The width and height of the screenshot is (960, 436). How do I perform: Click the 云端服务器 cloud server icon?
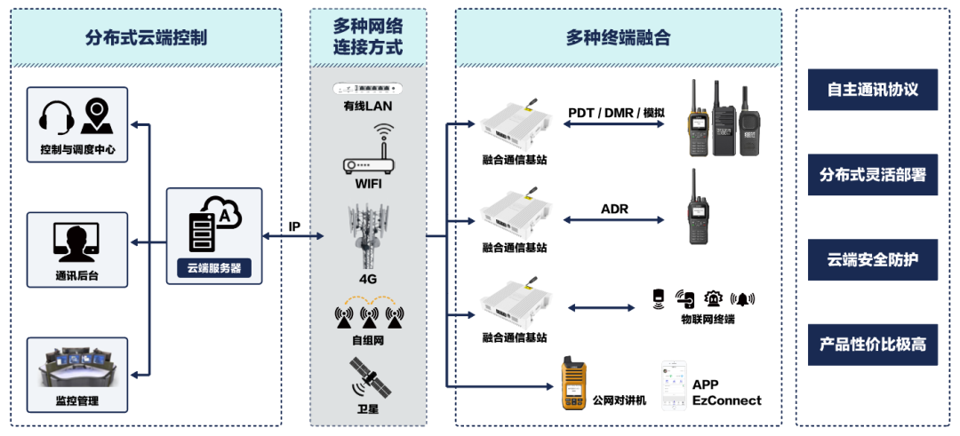[x=213, y=226]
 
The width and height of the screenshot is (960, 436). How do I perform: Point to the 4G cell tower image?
[x=368, y=235]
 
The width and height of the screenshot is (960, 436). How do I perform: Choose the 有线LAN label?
[x=368, y=107]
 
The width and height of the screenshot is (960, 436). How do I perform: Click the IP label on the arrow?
[x=294, y=226]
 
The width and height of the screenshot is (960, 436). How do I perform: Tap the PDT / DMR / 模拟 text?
[x=616, y=112]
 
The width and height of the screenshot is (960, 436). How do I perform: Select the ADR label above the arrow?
[x=614, y=209]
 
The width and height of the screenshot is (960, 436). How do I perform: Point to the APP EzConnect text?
[x=727, y=392]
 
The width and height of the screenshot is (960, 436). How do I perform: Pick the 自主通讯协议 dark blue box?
[x=872, y=90]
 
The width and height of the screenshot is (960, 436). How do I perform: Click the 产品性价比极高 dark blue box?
[x=872, y=345]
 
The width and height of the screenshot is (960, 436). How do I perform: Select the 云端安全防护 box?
[x=872, y=260]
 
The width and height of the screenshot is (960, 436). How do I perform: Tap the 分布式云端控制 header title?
[x=147, y=37]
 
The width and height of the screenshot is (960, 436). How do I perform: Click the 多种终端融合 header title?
[x=618, y=37]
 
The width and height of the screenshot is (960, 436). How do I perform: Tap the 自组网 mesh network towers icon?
[x=368, y=313]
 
